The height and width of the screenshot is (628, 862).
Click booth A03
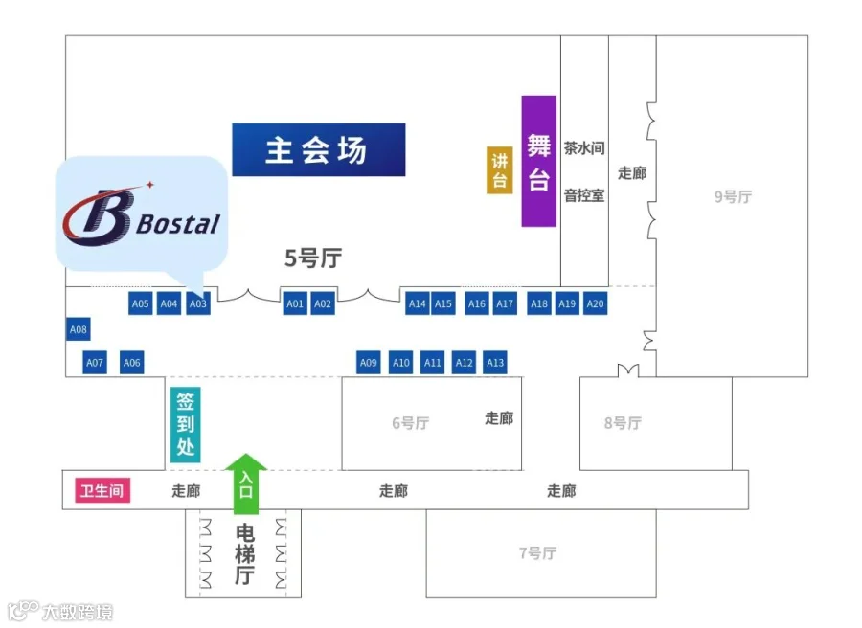[197, 303]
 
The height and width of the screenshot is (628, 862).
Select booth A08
[78, 330]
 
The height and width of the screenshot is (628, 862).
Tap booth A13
[495, 363]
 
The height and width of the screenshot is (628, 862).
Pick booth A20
[595, 303]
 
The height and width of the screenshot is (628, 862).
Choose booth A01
[295, 303]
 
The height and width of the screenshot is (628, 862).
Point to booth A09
[369, 363]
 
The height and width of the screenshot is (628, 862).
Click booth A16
[476, 303]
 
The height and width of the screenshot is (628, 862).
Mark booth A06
[132, 363]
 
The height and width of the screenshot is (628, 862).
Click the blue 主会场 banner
[318, 150]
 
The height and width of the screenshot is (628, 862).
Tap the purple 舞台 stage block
[538, 161]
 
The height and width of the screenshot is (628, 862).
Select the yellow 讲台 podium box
[499, 170]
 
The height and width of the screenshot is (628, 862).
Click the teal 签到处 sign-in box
[185, 425]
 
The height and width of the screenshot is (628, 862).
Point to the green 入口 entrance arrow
[245, 483]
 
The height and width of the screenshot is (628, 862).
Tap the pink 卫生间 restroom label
[102, 491]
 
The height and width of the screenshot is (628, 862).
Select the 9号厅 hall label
[733, 197]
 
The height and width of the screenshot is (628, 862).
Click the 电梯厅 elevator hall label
[244, 554]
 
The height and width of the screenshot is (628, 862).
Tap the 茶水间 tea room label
[583, 148]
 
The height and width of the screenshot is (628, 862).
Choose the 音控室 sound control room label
[583, 196]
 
